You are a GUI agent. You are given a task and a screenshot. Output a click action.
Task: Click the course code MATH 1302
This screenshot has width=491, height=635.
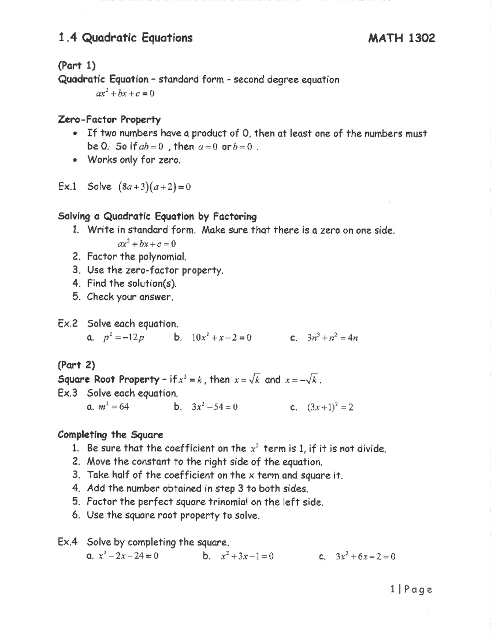click(401, 38)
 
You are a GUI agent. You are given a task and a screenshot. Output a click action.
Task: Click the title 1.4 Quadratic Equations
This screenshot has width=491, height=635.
click(125, 38)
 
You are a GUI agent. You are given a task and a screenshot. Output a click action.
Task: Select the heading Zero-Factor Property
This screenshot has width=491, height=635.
click(109, 120)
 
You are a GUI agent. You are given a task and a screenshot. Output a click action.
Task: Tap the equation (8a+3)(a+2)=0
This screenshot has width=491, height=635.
click(154, 187)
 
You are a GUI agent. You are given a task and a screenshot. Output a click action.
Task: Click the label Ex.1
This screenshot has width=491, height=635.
click(68, 187)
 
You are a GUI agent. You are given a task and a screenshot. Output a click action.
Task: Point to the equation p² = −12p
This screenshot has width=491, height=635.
click(123, 338)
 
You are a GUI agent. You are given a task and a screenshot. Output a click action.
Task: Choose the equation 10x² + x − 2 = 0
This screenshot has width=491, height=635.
click(221, 338)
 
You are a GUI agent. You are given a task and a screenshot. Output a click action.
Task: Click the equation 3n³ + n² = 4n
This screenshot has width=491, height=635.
click(332, 338)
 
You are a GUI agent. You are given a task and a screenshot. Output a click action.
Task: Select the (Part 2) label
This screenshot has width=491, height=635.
click(77, 365)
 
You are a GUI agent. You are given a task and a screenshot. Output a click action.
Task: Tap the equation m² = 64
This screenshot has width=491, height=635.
click(114, 407)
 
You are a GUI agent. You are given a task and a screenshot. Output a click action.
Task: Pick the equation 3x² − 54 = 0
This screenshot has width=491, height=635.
click(214, 407)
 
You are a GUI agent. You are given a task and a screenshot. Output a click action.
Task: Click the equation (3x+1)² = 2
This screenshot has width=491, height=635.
click(330, 407)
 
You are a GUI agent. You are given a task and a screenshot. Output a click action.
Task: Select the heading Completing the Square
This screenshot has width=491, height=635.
click(110, 435)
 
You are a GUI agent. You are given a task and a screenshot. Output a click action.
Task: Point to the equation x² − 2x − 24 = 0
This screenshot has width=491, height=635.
click(128, 556)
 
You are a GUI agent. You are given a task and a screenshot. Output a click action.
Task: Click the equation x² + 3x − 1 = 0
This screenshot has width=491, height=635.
click(247, 556)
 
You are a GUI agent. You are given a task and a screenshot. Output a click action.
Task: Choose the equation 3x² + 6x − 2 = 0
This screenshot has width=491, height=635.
click(365, 556)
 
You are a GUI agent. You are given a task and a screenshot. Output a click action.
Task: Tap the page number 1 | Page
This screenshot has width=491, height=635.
click(411, 589)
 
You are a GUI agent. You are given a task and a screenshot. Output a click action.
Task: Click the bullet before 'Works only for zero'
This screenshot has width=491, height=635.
click(74, 160)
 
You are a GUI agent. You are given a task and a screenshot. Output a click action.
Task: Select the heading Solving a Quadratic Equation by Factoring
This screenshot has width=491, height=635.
click(158, 216)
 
